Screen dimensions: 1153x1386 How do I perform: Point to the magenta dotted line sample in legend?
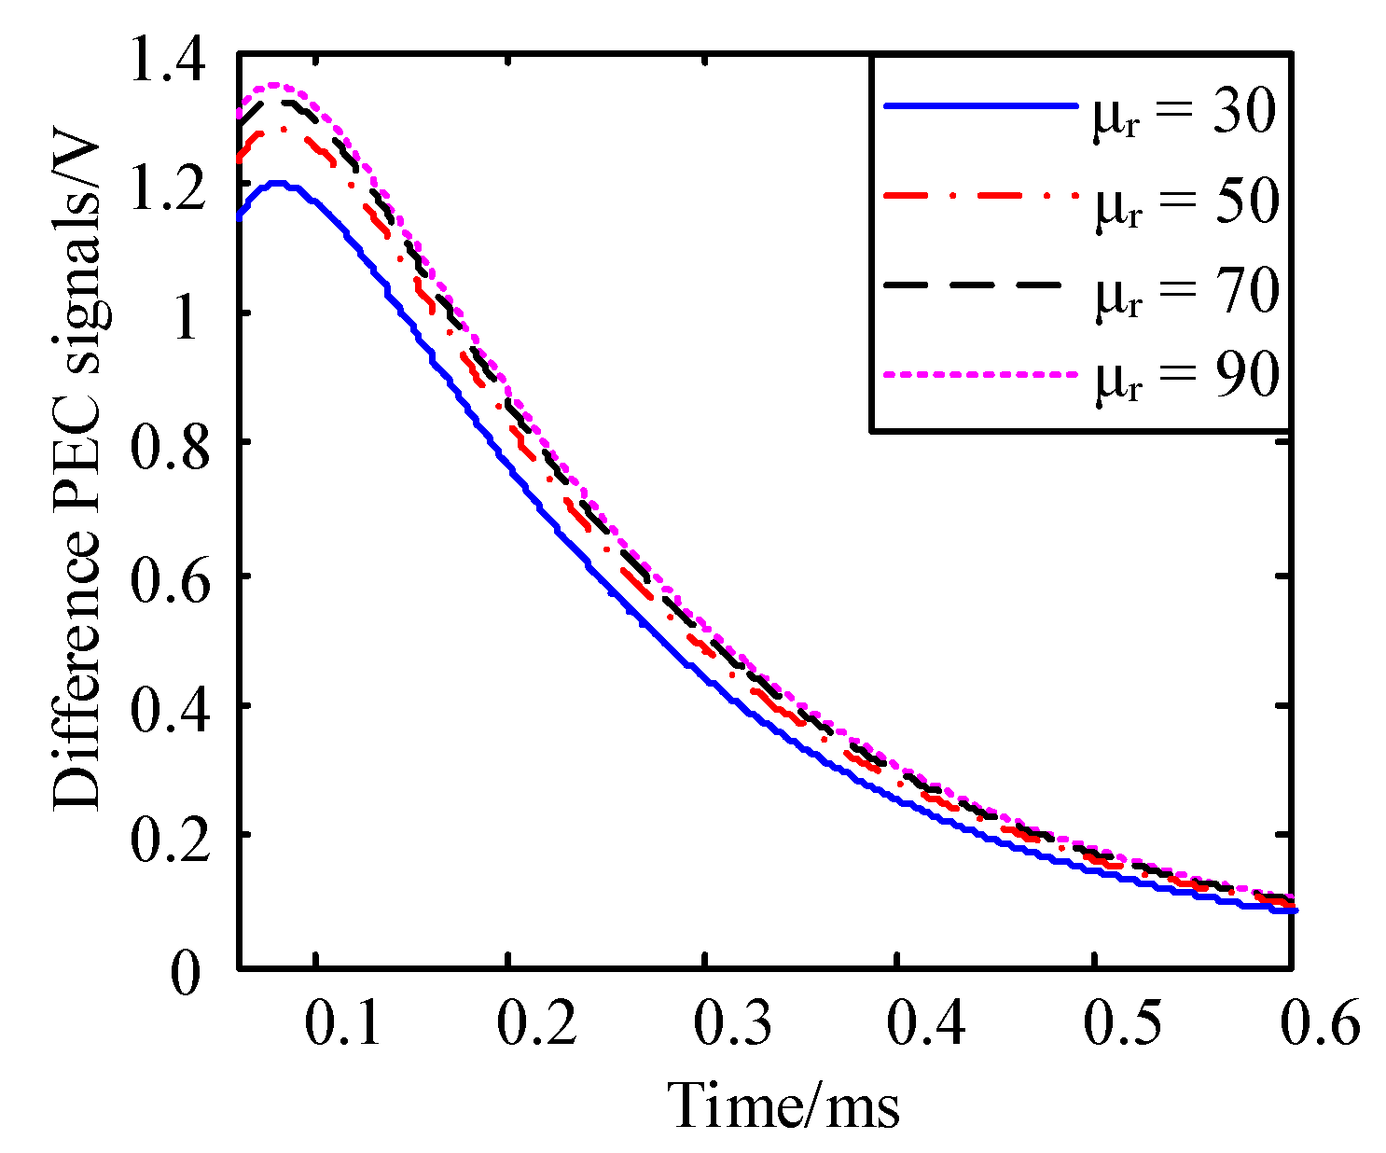[x=979, y=375]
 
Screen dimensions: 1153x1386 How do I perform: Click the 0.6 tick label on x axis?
[x=1318, y=1024]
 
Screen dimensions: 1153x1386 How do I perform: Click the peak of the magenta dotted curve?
[x=272, y=85]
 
